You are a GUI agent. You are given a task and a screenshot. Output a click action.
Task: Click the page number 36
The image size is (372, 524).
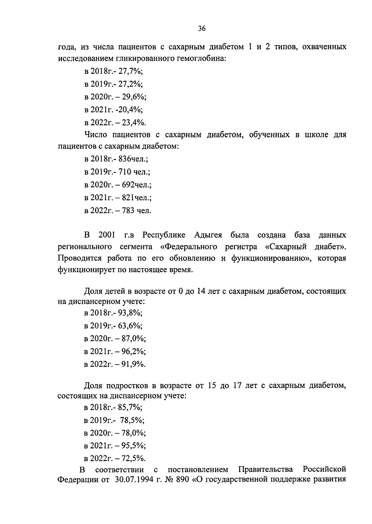pyautogui.click(x=201, y=29)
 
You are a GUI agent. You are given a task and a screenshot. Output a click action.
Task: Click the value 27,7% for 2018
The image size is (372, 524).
pyautogui.click(x=132, y=71)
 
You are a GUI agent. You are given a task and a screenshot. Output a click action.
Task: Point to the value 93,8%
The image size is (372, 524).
pyautogui.click(x=132, y=313)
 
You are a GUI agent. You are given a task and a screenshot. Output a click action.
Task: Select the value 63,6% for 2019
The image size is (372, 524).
pyautogui.click(x=132, y=326)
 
